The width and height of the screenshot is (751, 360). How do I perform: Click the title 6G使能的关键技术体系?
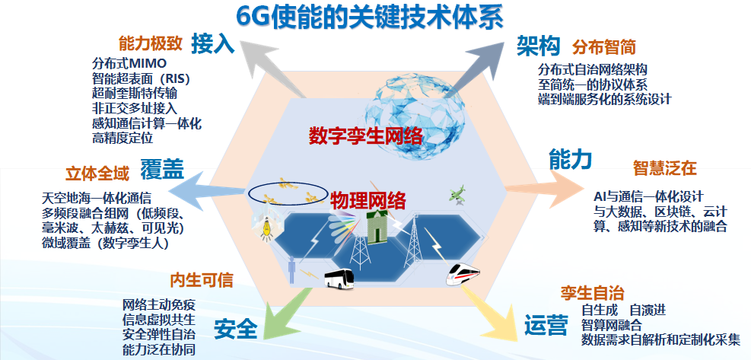pyautogui.click(x=369, y=18)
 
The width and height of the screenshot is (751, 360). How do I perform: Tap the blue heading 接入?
pyautogui.click(x=212, y=44)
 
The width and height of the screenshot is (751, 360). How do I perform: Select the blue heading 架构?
pyautogui.click(x=539, y=46)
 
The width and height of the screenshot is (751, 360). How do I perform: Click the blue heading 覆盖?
pyautogui.click(x=162, y=170)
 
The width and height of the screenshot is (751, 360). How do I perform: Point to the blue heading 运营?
pyautogui.click(x=546, y=325)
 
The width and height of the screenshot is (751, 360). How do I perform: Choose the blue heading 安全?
pyautogui.click(x=236, y=330)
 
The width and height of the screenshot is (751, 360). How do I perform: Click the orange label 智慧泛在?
pyautogui.click(x=664, y=168)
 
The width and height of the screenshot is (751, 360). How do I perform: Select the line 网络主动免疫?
pyautogui.click(x=159, y=304)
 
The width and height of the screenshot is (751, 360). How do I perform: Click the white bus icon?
pyautogui.click(x=339, y=279)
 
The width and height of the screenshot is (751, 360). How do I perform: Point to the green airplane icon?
pyautogui.click(x=457, y=195)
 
